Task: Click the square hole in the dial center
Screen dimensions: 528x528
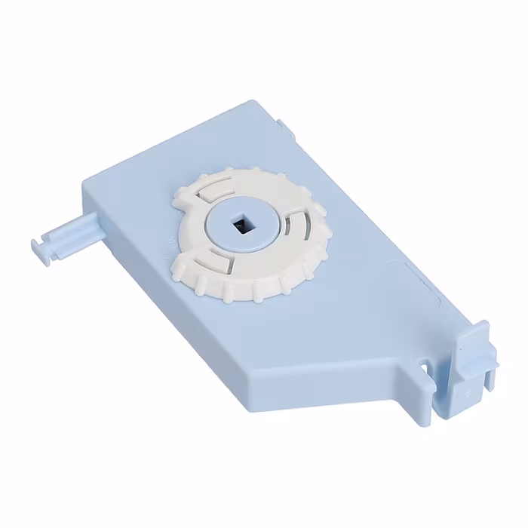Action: click(x=243, y=224)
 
